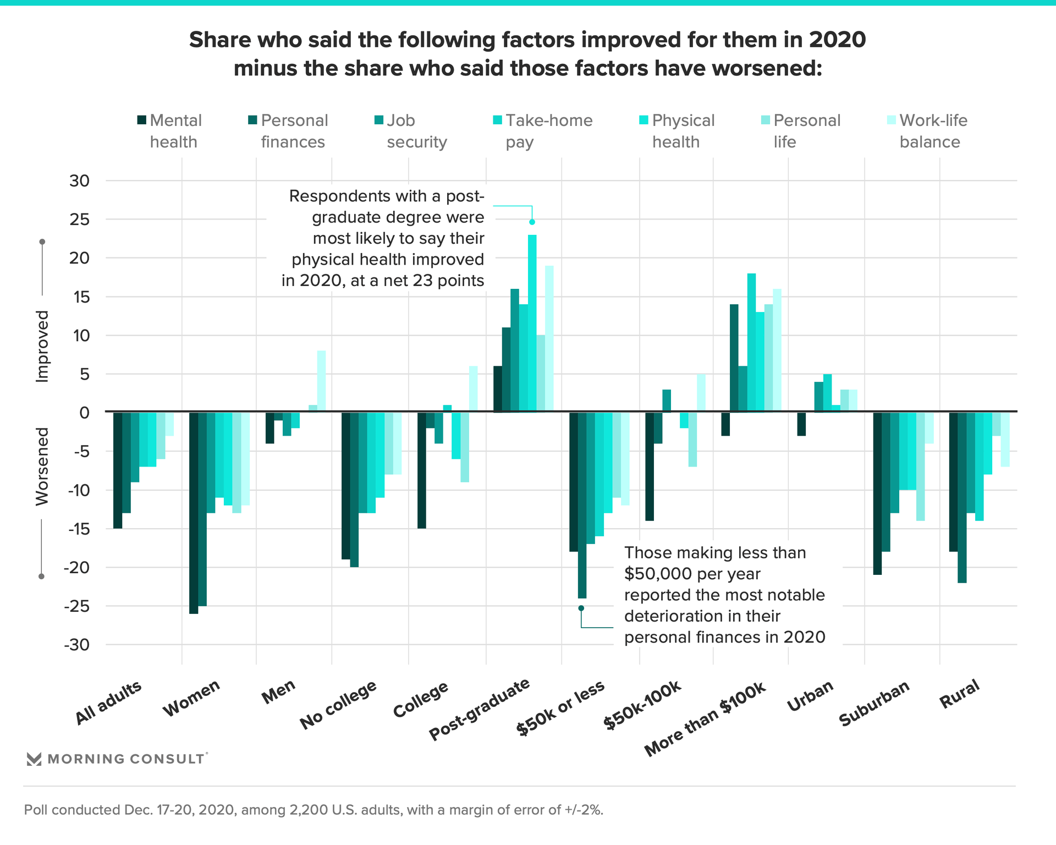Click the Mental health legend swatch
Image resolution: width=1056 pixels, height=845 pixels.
click(x=142, y=120)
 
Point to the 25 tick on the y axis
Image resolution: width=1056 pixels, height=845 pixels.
click(x=79, y=220)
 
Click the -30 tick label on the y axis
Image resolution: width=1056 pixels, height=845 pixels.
click(x=76, y=645)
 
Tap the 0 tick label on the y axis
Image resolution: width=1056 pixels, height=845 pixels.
click(x=84, y=413)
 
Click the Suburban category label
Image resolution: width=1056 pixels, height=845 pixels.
click(x=874, y=704)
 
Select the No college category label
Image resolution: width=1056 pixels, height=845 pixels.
click(x=338, y=705)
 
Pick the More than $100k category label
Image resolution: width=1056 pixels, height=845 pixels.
click(x=705, y=720)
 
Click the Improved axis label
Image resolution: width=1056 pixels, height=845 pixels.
click(x=42, y=346)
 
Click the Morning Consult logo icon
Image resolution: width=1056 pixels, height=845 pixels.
click(x=34, y=759)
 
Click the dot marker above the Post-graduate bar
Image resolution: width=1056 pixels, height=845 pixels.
click(x=532, y=222)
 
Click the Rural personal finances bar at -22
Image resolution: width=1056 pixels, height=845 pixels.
click(x=961, y=497)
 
